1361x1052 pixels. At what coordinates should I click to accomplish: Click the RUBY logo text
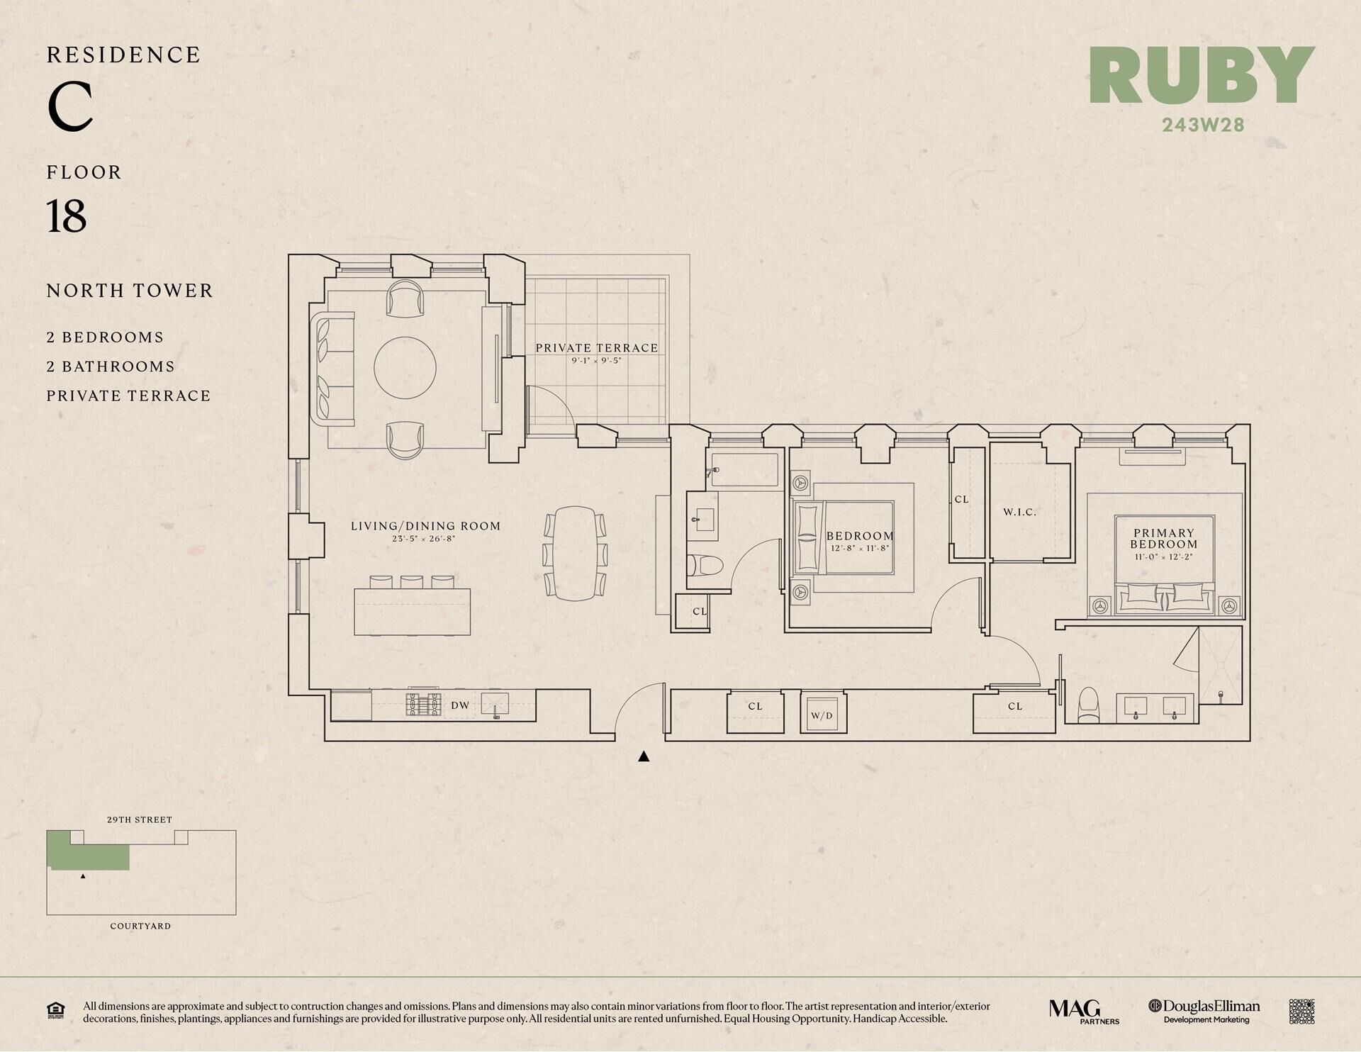[1202, 76]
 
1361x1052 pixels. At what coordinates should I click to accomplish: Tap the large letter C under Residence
[70, 106]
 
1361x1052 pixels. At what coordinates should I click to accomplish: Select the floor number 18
[67, 216]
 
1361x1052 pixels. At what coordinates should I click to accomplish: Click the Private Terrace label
[597, 348]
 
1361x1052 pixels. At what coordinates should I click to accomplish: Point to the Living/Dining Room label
[425, 526]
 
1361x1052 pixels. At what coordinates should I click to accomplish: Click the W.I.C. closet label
[1019, 512]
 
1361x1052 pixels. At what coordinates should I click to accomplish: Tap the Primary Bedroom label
[1164, 539]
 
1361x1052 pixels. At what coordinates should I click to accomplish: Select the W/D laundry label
[822, 716]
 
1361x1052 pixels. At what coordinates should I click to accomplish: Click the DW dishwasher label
[461, 705]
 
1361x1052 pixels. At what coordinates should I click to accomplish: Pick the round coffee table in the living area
[405, 368]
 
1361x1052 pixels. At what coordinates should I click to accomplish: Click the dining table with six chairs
[575, 553]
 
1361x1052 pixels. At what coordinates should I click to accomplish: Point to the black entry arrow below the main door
[644, 756]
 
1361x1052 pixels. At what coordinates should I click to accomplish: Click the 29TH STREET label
[140, 819]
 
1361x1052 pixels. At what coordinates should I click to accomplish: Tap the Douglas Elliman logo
[1204, 1011]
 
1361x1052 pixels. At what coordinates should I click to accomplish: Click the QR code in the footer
[1301, 1012]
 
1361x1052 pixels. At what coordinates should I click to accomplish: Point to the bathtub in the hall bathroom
[744, 469]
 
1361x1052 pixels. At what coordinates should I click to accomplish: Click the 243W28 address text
[1203, 125]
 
